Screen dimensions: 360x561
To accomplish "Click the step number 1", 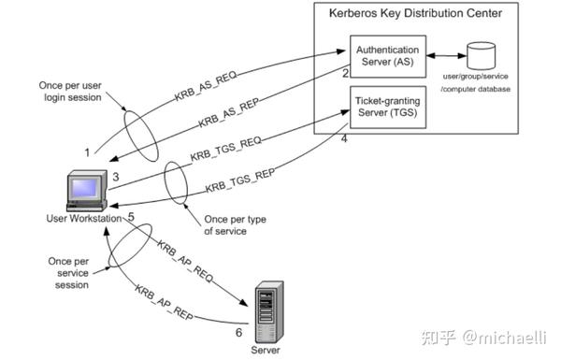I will point(87,151).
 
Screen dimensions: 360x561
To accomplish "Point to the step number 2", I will point(345,73).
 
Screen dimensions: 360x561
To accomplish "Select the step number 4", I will point(344,140).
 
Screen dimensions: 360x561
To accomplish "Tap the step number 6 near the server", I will point(238,332).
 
